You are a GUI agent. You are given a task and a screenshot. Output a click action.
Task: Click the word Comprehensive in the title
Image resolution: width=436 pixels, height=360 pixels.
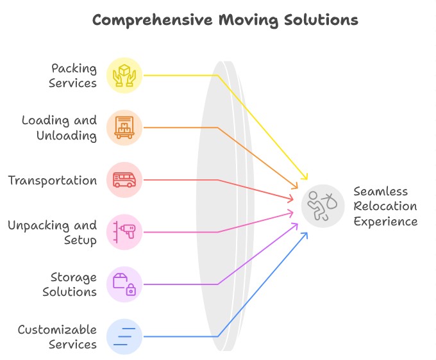point(153,20)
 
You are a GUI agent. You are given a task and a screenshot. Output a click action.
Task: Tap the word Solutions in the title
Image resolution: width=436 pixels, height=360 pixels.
point(321,20)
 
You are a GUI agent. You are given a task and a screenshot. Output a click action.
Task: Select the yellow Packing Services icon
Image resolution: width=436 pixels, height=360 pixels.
point(124,76)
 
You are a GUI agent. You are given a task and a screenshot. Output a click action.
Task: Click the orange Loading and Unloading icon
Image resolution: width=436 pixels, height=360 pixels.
point(124,127)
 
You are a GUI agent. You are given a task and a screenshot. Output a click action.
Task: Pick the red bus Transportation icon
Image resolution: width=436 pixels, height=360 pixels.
point(124,180)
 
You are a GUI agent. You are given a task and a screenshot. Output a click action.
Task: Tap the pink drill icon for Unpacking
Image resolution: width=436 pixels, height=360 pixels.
point(124,233)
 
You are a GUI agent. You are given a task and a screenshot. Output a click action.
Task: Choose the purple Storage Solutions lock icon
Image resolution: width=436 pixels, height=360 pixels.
point(124,284)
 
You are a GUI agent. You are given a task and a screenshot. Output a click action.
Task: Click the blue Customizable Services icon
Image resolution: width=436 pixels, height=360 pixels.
point(124,337)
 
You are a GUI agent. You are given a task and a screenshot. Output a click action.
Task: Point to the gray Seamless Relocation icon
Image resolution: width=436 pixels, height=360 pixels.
point(323,206)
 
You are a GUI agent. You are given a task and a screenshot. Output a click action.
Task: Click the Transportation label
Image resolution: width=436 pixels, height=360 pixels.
point(53,180)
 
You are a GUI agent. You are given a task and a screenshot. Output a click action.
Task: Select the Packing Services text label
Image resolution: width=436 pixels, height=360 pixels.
point(73,76)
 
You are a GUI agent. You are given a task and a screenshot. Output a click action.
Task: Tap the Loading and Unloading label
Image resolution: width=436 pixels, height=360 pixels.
point(60,128)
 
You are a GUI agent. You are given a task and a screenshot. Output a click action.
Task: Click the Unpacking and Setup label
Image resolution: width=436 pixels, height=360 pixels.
point(53,233)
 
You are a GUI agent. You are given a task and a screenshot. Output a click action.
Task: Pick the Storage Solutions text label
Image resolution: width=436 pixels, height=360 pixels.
point(69,284)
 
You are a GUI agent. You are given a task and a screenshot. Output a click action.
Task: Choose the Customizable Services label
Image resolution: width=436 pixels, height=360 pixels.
point(57,337)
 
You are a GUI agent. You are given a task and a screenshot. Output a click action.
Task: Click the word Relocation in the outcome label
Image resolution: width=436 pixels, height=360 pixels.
point(385,206)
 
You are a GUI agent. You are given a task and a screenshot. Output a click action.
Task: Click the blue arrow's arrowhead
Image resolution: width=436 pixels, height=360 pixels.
point(305,236)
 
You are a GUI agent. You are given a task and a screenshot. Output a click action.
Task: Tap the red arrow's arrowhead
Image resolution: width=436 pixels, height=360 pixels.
point(290,199)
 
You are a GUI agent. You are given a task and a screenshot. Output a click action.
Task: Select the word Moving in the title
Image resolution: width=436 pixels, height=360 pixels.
point(248,20)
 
